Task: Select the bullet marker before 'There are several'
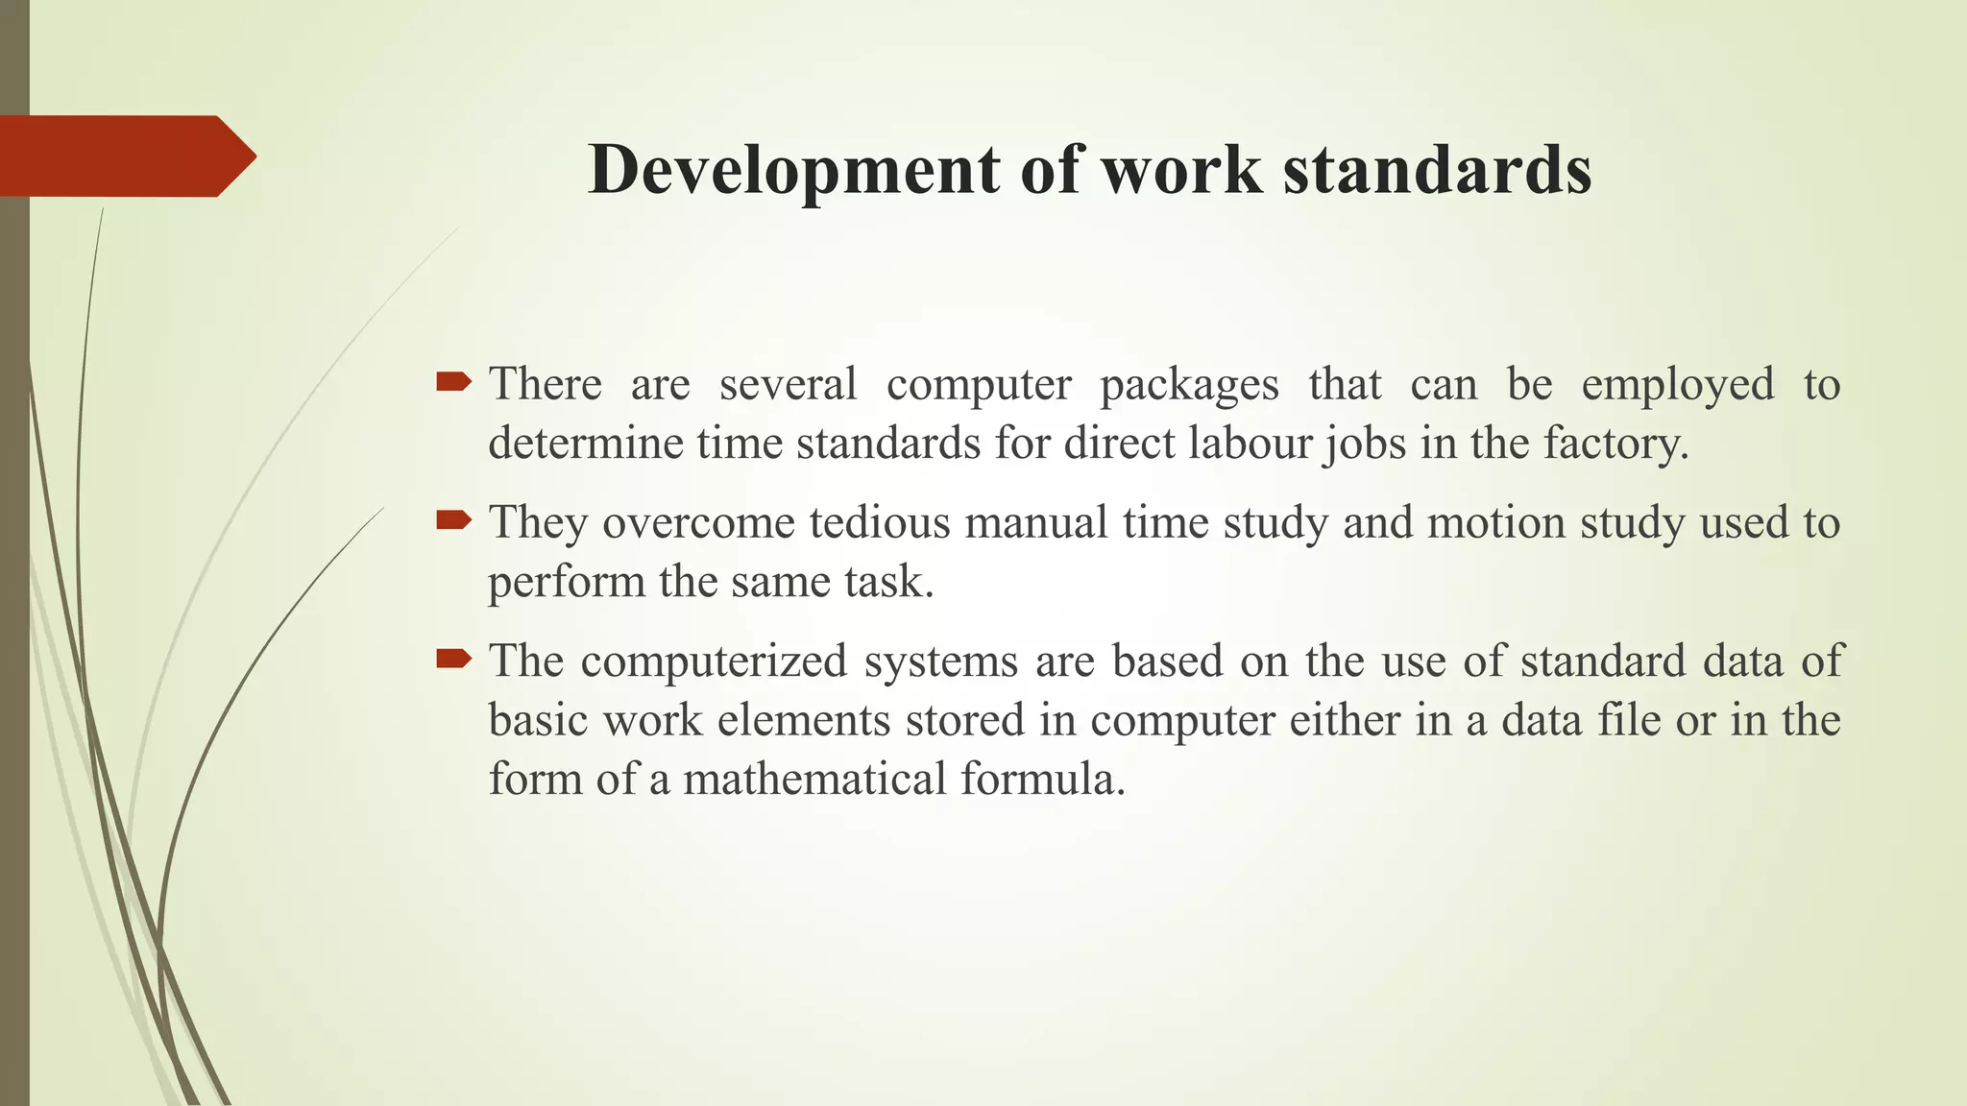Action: coord(453,383)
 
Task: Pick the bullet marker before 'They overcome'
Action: coord(453,521)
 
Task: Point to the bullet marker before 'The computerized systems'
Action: coord(453,660)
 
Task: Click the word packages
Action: coord(1189,385)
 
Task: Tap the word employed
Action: coord(1677,385)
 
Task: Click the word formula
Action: coord(1041,779)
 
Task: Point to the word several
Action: coord(788,385)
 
